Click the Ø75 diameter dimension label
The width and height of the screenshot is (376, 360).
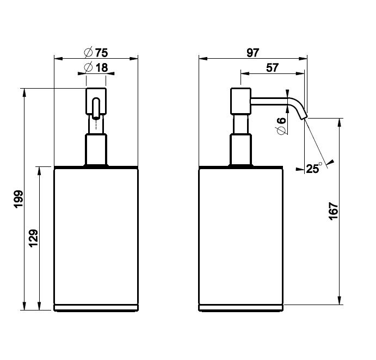[x=96, y=53]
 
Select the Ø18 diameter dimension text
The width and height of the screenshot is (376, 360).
[x=96, y=67]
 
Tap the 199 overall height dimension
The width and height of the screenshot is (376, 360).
[x=19, y=199]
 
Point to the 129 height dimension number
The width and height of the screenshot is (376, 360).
[x=33, y=238]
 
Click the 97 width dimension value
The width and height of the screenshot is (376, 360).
[x=253, y=53]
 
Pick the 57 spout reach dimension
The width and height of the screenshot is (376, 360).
[x=273, y=67]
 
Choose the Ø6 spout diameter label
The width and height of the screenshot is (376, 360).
[x=281, y=126]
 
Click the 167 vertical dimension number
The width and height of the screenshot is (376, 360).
[x=334, y=211]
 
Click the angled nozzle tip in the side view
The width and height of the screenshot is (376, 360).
[x=304, y=116]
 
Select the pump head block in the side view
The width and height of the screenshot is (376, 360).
[x=241, y=101]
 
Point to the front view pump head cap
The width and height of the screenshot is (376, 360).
[x=96, y=101]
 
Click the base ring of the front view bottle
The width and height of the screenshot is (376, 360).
[x=96, y=308]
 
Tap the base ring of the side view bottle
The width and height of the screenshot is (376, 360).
[x=241, y=308]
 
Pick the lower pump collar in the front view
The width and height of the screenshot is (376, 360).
[x=96, y=149]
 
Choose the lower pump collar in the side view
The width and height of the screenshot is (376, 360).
[x=241, y=149]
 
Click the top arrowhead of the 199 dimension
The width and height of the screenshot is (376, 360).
[x=24, y=93]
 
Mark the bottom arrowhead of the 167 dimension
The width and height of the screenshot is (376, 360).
[x=340, y=300]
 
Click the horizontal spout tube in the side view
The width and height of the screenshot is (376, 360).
[x=269, y=101]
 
